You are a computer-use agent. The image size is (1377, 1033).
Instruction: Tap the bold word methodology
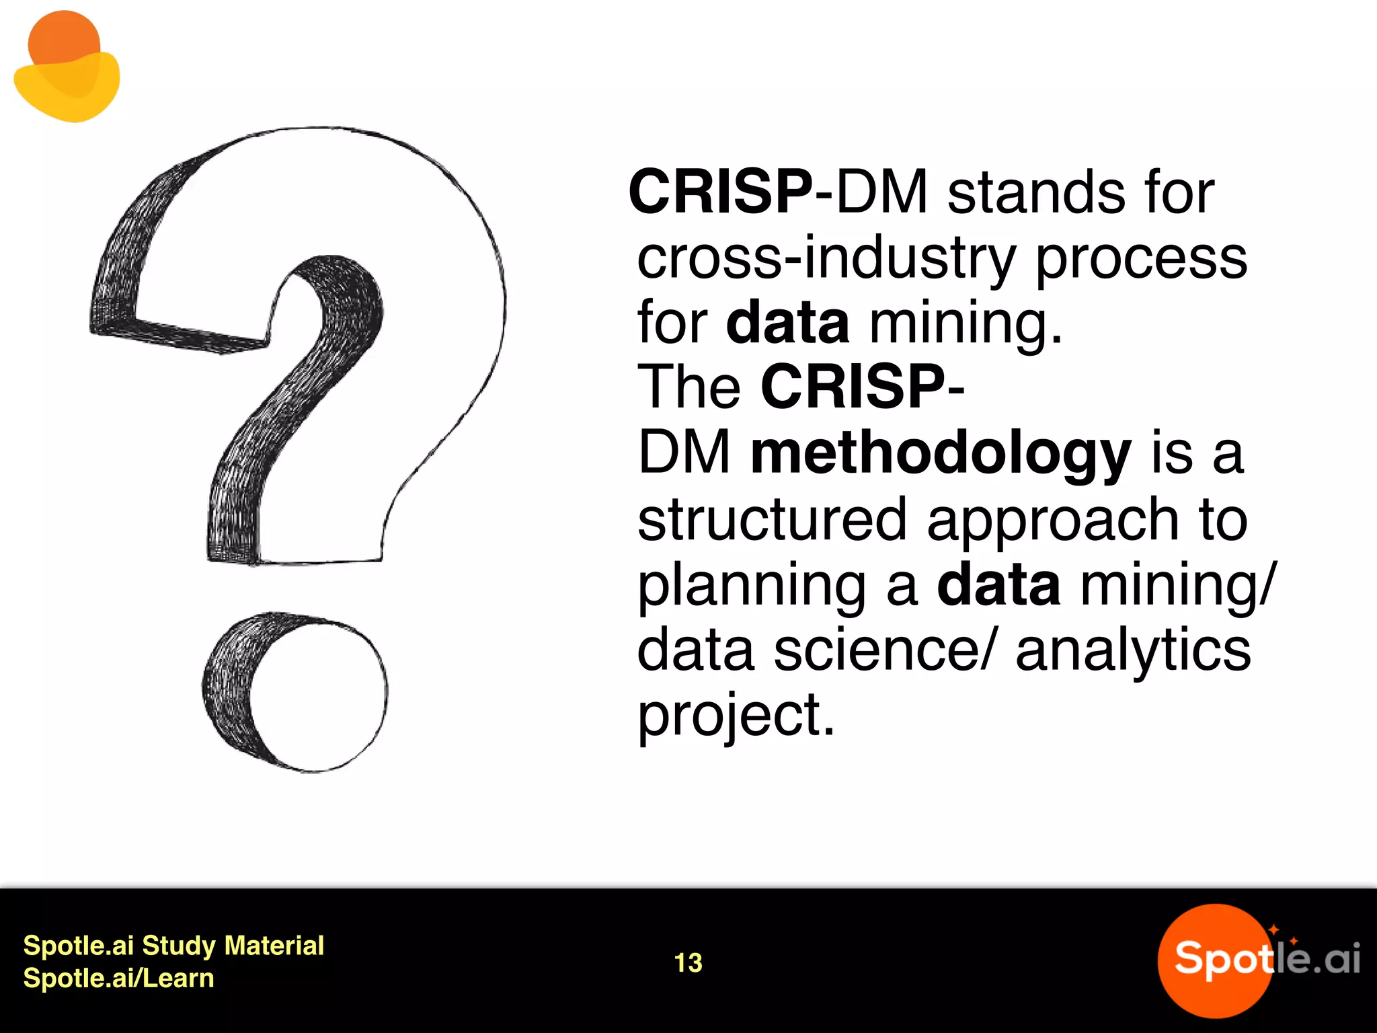pos(941,454)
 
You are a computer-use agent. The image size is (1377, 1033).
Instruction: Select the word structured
pos(772,519)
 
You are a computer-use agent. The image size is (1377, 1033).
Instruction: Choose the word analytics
pos(1133,650)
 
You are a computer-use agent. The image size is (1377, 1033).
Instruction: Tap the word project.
pos(736,716)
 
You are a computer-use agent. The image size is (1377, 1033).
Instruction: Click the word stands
pos(1036,193)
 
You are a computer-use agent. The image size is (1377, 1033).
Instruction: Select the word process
pos(1141,260)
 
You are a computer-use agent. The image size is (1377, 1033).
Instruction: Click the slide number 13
pos(688,962)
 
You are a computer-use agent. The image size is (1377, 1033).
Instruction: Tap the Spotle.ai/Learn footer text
pos(118,978)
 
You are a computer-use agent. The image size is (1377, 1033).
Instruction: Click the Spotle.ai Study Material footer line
pos(173,946)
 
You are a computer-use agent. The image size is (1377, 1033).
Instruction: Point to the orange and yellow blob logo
pos(67,67)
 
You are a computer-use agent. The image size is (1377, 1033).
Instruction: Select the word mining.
pos(966,324)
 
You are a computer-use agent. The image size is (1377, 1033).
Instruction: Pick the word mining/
pos(1177,585)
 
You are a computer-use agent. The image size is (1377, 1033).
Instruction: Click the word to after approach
pos(1222,519)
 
